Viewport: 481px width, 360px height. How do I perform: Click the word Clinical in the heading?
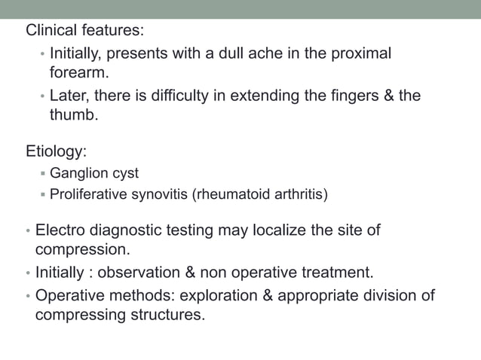[x=51, y=32]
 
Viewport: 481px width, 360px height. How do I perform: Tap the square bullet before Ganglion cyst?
[x=43, y=174]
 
